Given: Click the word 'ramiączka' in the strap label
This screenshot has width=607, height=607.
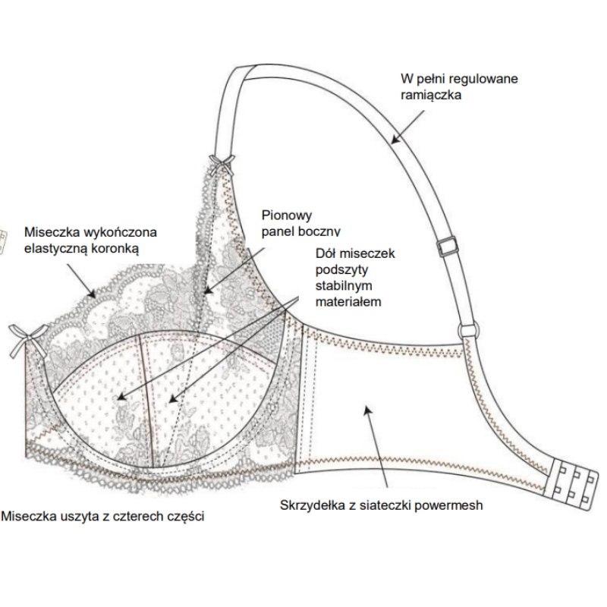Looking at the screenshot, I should [x=431, y=95].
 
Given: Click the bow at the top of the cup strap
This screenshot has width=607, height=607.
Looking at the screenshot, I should [x=223, y=162].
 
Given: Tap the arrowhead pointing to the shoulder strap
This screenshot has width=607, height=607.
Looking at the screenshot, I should [x=395, y=138].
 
